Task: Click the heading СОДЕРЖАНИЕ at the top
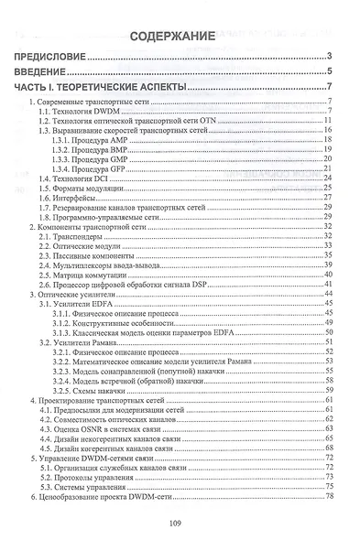pos(180,37)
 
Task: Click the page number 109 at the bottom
pos(180,524)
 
